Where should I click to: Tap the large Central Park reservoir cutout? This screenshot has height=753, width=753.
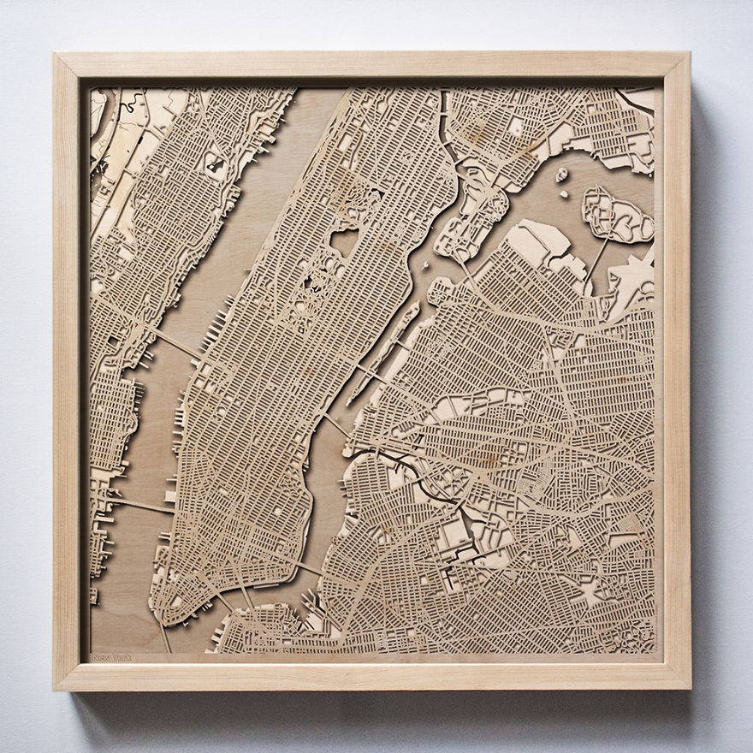coord(344,242)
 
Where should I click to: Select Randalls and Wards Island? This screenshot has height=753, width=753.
coord(466,218)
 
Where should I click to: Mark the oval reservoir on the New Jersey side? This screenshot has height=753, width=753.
coord(214,164)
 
